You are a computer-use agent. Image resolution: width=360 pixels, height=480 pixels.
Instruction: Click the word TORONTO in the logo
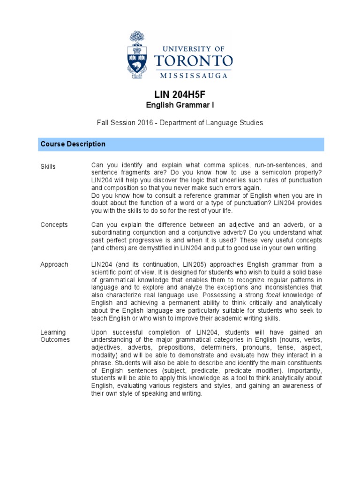tap(193, 61)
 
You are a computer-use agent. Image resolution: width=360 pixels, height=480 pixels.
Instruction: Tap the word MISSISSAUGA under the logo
tap(194, 75)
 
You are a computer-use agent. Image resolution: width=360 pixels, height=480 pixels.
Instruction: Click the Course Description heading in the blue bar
tap(73, 144)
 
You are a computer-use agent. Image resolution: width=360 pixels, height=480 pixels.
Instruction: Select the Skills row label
tap(48, 166)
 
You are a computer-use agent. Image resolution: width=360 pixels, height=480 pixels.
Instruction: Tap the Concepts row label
tap(54, 225)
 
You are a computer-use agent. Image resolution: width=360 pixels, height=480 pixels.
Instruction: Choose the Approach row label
tap(54, 265)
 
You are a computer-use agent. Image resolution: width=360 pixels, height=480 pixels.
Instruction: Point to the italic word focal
tap(274, 295)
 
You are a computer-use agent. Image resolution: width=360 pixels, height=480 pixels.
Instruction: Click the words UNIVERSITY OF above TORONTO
tap(193, 48)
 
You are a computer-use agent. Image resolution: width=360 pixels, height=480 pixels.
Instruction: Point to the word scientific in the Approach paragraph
tap(105, 272)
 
